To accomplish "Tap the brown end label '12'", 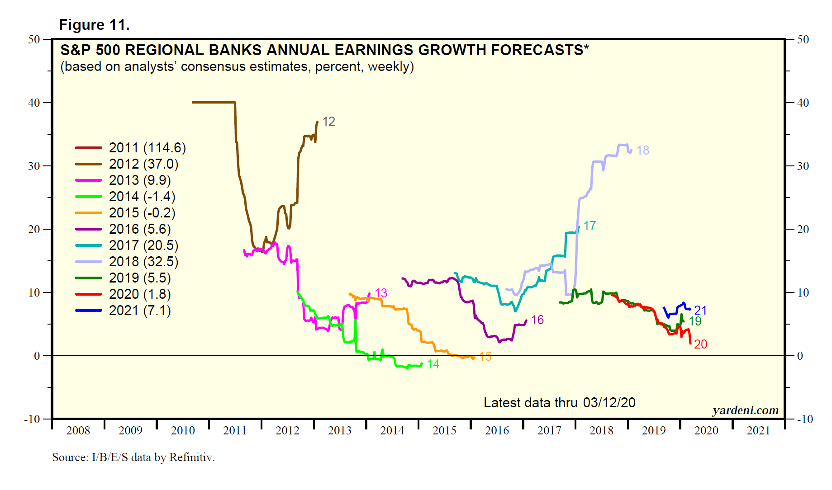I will point(328,122).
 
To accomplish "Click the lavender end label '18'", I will point(642,151).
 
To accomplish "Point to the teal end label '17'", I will point(590,226).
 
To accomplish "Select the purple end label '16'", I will point(537,320).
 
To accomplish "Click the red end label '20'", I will point(700,344).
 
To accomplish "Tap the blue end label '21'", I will point(700,310).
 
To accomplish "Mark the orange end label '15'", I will point(485,357).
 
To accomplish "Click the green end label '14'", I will point(433,364).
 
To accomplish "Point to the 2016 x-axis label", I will point(497,431).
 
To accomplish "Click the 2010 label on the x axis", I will point(183,431).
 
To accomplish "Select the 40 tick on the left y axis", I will point(34,103).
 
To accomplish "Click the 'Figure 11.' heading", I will point(94,25).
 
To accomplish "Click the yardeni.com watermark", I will point(745,410).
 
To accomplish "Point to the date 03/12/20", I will point(609,403).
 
